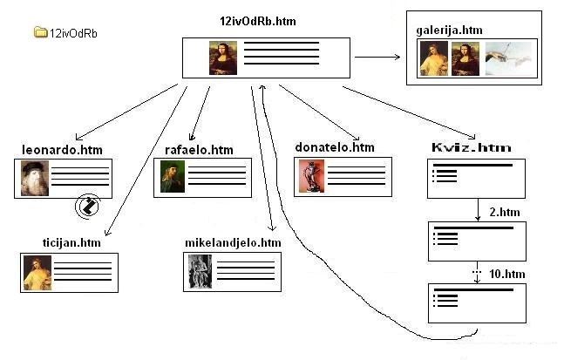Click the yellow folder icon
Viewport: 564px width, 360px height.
coord(40,32)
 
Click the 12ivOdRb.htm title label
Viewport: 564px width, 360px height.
coord(261,21)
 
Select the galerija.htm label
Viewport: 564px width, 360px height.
coord(450,30)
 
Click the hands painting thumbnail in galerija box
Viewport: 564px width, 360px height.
coord(510,59)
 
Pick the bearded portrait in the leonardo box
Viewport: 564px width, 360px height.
coord(36,179)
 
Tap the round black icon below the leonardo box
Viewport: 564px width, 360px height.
coord(87,207)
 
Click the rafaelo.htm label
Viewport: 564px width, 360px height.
coord(199,150)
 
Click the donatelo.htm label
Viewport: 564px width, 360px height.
coord(335,147)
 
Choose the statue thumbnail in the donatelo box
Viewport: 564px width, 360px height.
coord(309,177)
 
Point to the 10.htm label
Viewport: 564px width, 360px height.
coord(506,273)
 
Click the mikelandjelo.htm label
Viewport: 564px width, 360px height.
coord(233,242)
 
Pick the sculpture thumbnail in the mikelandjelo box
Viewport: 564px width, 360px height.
coord(200,271)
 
